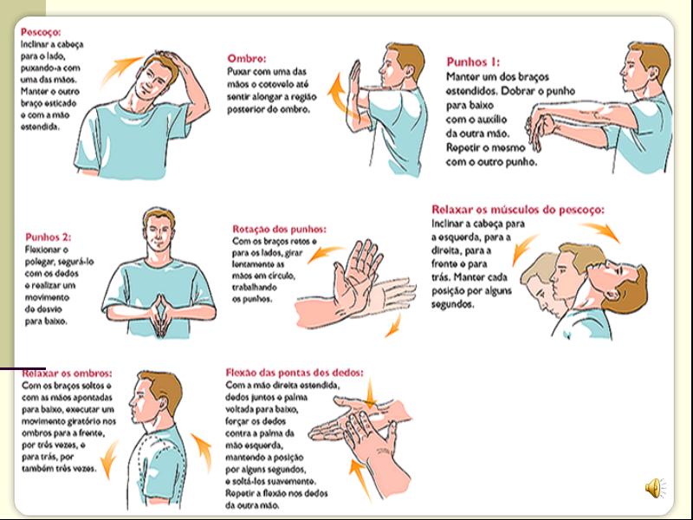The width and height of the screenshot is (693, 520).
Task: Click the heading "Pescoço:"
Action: click(x=41, y=32)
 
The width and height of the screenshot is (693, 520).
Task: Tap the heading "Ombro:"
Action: click(x=247, y=58)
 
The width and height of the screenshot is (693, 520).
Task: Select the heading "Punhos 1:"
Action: click(x=473, y=62)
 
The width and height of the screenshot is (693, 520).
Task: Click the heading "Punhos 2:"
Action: click(x=49, y=237)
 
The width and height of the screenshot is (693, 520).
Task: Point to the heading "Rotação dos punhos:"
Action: click(x=279, y=229)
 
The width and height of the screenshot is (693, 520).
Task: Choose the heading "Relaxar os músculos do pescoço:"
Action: click(x=518, y=209)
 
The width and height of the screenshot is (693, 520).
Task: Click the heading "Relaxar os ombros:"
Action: click(x=68, y=374)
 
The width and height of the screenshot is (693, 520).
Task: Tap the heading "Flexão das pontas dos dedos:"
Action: click(x=295, y=373)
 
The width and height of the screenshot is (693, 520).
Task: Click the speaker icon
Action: click(x=655, y=488)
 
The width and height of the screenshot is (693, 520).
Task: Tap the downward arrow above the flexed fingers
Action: click(x=370, y=393)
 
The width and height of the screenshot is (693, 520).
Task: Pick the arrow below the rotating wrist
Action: click(x=393, y=326)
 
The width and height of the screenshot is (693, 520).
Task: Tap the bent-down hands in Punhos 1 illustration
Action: click(x=540, y=129)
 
